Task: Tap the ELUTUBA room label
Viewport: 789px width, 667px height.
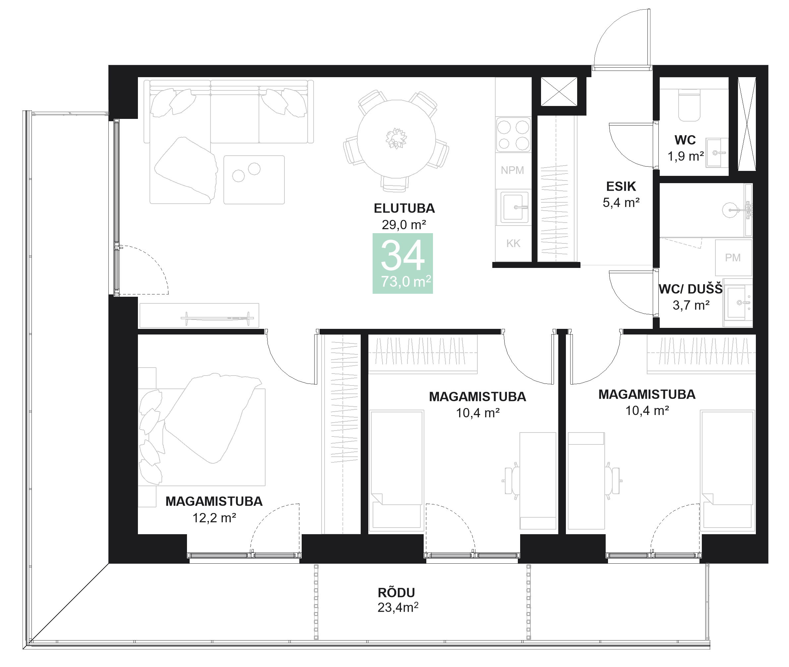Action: pyautogui.click(x=404, y=208)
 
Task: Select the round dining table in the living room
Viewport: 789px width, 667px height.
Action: pyautogui.click(x=396, y=138)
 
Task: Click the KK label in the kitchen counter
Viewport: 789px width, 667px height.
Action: pyautogui.click(x=513, y=243)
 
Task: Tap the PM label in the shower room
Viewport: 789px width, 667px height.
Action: pyautogui.click(x=733, y=258)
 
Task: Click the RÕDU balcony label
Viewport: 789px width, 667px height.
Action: pyautogui.click(x=396, y=592)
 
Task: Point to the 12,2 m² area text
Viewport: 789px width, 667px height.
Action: pyautogui.click(x=214, y=518)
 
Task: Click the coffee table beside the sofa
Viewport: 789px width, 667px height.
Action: pyautogui.click(x=254, y=180)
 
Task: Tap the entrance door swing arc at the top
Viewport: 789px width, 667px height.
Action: pyautogui.click(x=621, y=38)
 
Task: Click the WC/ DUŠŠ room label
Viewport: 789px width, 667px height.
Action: pyautogui.click(x=690, y=289)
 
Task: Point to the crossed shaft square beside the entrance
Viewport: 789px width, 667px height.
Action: pyautogui.click(x=559, y=91)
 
